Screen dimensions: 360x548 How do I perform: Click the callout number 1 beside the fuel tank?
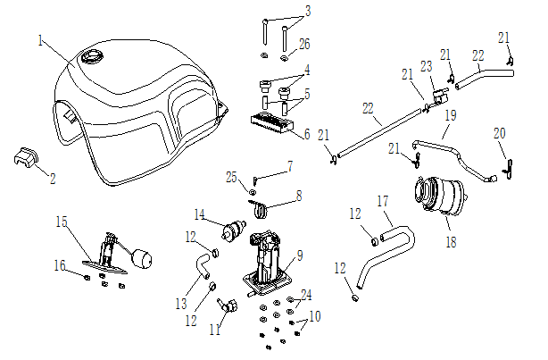[41, 40]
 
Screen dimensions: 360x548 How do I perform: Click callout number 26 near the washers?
[304, 43]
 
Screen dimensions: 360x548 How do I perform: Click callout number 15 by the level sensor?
[62, 221]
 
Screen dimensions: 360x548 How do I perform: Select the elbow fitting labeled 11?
[228, 307]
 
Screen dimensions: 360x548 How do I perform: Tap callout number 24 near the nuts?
[306, 294]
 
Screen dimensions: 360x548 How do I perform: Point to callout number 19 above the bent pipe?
[451, 115]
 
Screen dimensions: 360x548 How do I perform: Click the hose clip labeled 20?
[509, 165]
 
